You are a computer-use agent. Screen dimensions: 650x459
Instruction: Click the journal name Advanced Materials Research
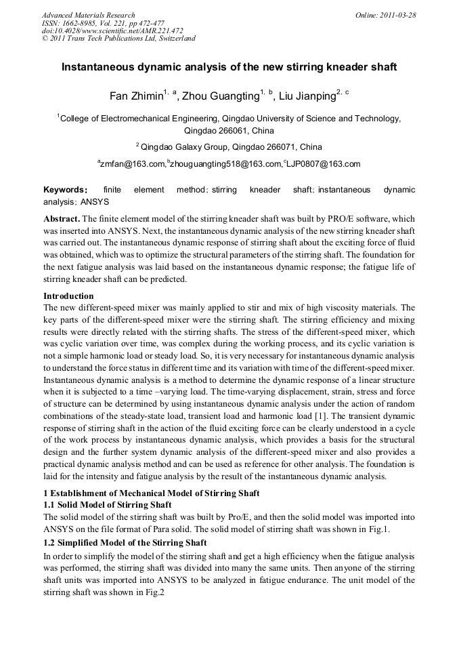(x=88, y=15)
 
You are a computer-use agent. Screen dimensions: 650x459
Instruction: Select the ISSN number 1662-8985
(x=83, y=22)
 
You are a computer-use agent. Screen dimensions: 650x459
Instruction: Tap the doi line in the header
(x=112, y=31)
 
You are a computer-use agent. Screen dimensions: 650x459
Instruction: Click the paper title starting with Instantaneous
(x=229, y=68)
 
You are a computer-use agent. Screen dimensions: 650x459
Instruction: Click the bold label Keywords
(x=64, y=190)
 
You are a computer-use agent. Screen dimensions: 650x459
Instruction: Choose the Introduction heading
(x=68, y=296)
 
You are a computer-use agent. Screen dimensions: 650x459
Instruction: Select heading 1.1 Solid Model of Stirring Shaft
(x=108, y=504)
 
